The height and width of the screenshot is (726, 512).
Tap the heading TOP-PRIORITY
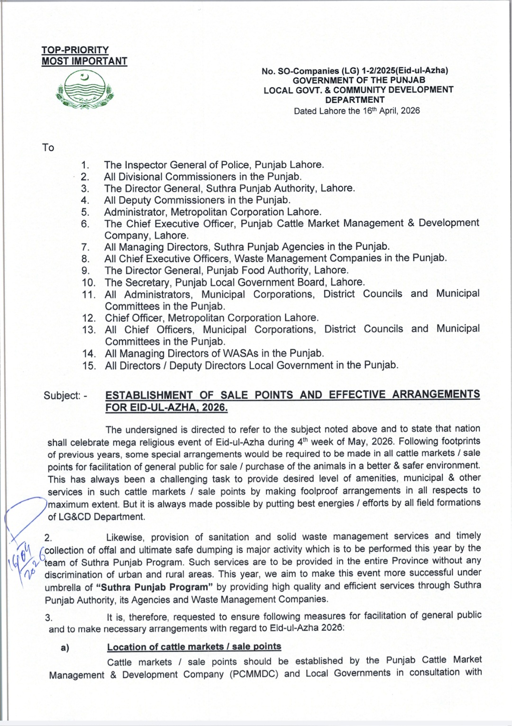tap(75, 50)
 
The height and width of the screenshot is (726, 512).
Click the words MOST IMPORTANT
tap(84, 61)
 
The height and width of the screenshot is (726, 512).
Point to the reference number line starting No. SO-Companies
tap(355, 71)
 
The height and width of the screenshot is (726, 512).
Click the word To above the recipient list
tap(48, 147)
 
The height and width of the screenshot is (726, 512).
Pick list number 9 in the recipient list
tap(85, 271)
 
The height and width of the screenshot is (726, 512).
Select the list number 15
tap(89, 365)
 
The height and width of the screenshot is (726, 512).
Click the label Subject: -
tap(65, 395)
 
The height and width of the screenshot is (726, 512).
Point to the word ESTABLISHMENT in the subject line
tap(149, 395)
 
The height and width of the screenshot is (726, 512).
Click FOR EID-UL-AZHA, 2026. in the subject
tap(166, 408)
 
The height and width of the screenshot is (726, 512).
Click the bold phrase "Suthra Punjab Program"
tap(154, 587)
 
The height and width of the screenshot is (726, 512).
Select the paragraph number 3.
tap(48, 617)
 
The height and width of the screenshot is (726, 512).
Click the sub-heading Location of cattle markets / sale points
tap(194, 647)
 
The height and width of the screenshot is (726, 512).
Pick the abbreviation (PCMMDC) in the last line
tap(255, 674)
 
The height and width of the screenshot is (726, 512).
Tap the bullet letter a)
tap(64, 648)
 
